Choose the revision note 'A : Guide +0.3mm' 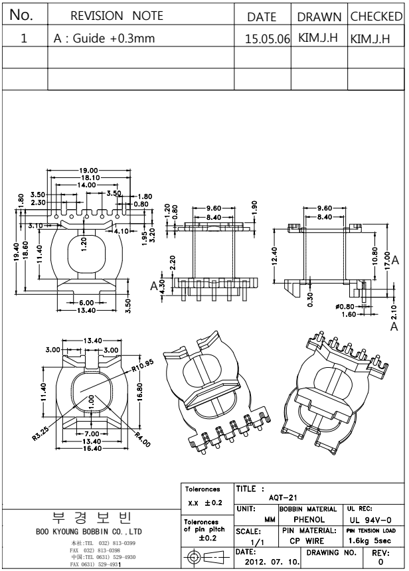pos(104,39)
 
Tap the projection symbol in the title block pos(204,556)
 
